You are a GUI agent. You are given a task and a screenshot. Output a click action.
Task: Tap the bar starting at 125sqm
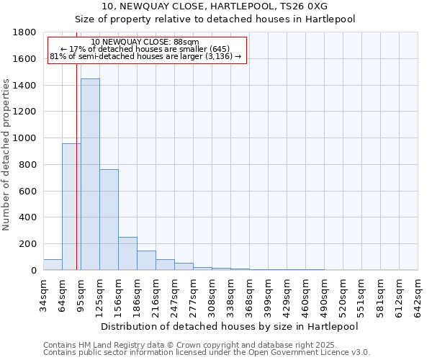(109, 220)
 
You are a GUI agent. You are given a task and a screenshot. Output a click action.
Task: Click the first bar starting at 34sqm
(53, 264)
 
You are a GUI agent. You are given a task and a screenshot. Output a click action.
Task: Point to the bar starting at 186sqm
(146, 260)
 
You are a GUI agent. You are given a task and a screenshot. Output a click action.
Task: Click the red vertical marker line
(76, 166)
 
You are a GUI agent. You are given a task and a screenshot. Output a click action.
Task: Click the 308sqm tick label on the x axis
(212, 294)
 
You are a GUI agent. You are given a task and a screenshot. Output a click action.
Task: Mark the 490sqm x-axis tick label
(324, 294)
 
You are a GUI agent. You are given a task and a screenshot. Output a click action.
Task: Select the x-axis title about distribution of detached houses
(230, 326)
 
